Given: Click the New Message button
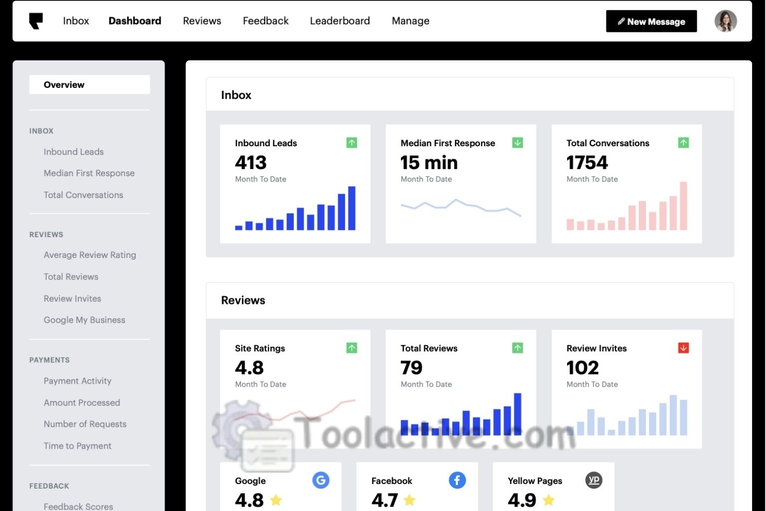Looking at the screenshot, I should (651, 21).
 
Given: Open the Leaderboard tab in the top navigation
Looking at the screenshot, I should (340, 21).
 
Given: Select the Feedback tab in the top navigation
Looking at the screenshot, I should (265, 21).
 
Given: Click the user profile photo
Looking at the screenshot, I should (725, 21).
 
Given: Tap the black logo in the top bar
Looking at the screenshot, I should (36, 21).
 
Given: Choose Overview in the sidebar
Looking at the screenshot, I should (64, 85).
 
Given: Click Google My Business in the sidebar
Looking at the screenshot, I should (84, 320).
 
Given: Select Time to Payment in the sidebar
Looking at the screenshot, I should (77, 446).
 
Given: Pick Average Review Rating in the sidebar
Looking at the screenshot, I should (90, 255).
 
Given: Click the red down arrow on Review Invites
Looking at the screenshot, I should (683, 348).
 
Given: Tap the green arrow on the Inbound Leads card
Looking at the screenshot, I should (352, 143).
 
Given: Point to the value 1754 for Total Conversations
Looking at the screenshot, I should (587, 163).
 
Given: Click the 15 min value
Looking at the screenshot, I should (429, 163).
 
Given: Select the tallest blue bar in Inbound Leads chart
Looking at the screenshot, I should (352, 208).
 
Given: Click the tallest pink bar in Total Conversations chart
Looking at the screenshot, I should (683, 206).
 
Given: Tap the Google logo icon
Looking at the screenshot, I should (321, 480).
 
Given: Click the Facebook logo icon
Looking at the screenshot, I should (457, 480).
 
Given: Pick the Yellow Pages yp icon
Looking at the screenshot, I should (593, 480).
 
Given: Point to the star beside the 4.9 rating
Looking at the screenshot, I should (549, 500).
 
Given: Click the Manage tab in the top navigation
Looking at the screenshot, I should (410, 21).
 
